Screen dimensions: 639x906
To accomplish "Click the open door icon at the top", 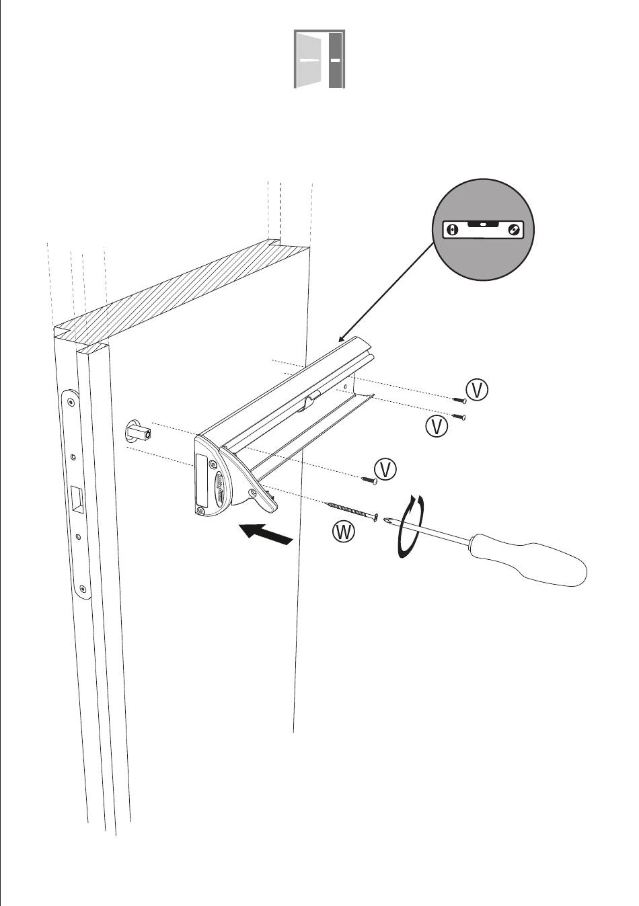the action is point(319,59).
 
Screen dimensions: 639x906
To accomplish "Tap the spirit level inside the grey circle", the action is point(483,229).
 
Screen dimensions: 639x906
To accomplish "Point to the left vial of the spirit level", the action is point(453,230).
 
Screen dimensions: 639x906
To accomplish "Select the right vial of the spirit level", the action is point(514,230).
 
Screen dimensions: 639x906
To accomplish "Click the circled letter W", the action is point(344,532).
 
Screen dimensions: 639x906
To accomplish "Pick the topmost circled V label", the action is point(478,390).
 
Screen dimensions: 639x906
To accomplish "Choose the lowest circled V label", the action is point(385,469).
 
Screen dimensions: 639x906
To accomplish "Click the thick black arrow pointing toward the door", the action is point(267,534).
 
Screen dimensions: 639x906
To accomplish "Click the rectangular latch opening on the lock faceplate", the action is point(77,497).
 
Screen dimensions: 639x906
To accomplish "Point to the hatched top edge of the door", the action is point(182,292).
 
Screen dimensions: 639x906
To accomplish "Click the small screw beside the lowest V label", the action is point(368,479).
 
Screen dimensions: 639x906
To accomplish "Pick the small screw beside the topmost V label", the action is point(459,401).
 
